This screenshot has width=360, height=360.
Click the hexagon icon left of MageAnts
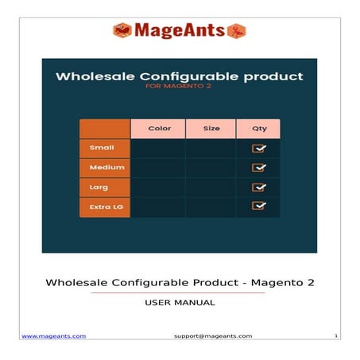pos(122,31)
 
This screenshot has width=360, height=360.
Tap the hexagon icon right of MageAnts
pos(237,31)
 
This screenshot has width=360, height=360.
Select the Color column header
pos(158,128)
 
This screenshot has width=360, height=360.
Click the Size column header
pos(211,128)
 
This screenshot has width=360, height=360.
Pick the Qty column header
pos(259,128)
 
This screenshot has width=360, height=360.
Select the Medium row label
pos(105,168)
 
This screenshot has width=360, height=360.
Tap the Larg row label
pos(99,188)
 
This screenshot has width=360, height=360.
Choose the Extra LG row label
pos(105,207)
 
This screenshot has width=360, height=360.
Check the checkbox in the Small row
pos(259,148)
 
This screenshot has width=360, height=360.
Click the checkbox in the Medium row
pos(259,168)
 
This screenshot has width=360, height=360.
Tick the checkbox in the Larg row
pos(259,188)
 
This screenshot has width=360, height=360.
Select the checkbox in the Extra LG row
pos(259,207)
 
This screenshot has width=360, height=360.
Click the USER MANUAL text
pos(180,303)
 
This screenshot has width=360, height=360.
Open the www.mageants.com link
pos(53,336)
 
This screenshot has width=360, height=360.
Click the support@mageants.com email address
pos(212,336)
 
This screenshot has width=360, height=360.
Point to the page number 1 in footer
pos(336,336)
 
